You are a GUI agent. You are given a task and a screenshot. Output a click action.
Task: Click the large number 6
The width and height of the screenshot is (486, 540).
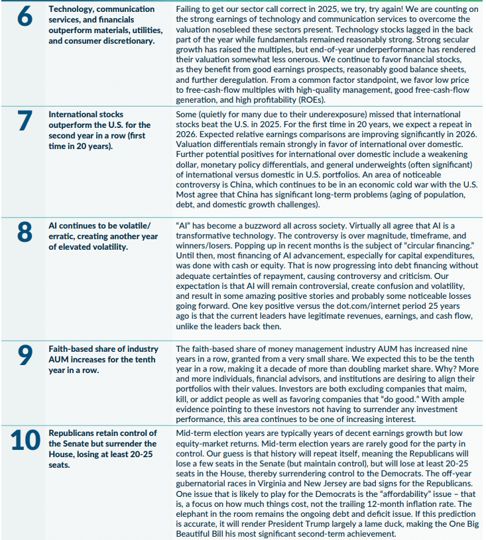click(x=25, y=17)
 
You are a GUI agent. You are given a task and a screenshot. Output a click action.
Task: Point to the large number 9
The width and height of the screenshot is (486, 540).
click(x=25, y=355)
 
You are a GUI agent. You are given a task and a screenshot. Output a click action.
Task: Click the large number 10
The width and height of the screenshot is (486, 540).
click(x=25, y=440)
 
